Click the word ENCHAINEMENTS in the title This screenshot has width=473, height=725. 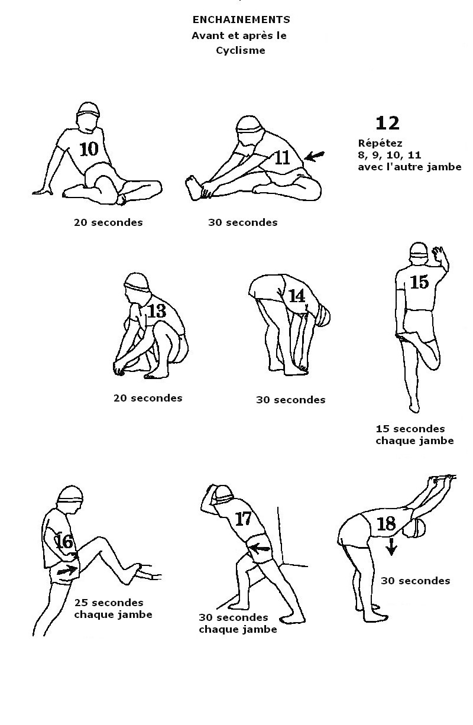point(241,20)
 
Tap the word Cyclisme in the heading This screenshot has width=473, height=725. point(241,50)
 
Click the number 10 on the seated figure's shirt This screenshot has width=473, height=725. point(89,149)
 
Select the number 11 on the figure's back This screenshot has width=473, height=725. point(282,158)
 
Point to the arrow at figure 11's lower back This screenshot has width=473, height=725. point(315,156)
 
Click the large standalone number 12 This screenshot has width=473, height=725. point(387,124)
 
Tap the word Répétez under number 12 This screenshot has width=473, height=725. point(380,143)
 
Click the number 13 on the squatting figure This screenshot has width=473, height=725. point(157,311)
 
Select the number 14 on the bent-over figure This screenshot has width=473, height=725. point(296,296)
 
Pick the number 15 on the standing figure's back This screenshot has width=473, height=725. point(419,281)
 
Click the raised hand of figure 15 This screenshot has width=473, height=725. point(439,254)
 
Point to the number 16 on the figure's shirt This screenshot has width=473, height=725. point(64,541)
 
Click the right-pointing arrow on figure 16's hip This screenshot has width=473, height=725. point(67,570)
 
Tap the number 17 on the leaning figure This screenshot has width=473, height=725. point(243,519)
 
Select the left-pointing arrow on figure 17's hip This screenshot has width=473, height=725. point(260,548)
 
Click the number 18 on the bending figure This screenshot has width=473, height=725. point(386,524)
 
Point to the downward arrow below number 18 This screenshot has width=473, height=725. point(391,546)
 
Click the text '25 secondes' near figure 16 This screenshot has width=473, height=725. point(109,603)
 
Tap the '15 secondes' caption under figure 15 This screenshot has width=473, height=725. point(410,429)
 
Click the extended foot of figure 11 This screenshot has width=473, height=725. point(195,187)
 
